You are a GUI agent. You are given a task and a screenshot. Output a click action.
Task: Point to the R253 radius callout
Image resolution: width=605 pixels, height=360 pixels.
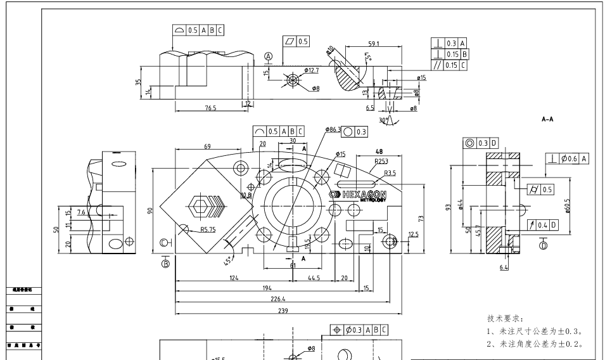point(381,162)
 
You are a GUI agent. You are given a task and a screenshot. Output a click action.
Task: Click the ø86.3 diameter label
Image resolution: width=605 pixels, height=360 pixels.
point(333,130)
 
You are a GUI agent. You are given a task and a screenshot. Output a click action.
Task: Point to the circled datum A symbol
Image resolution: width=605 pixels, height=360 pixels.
point(269,56)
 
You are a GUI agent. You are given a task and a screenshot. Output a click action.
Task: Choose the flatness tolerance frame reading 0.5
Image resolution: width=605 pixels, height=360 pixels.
point(296,41)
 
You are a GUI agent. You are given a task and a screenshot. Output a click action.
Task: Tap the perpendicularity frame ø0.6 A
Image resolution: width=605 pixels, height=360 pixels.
point(567,158)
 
